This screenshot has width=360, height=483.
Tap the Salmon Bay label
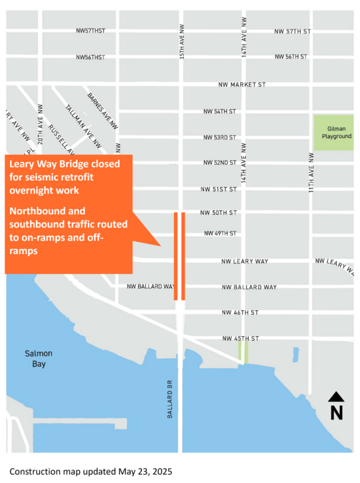coord(38,359)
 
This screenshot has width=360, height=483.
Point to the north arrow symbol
coord(337,406)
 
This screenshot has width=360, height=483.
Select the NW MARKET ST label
coord(242,85)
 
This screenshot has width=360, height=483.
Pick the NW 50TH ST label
coord(219,213)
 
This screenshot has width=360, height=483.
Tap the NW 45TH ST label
coord(240,339)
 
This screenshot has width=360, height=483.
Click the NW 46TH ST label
coord(240,312)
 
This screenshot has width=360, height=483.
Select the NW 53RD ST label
coord(220,137)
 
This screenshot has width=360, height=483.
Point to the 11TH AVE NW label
coord(311,172)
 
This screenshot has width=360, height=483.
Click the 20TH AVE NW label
coord(41,124)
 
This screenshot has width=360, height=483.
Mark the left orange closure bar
coord(175,256)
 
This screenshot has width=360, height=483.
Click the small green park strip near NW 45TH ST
coord(243,352)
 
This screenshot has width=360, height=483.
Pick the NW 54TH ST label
coord(220,111)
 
